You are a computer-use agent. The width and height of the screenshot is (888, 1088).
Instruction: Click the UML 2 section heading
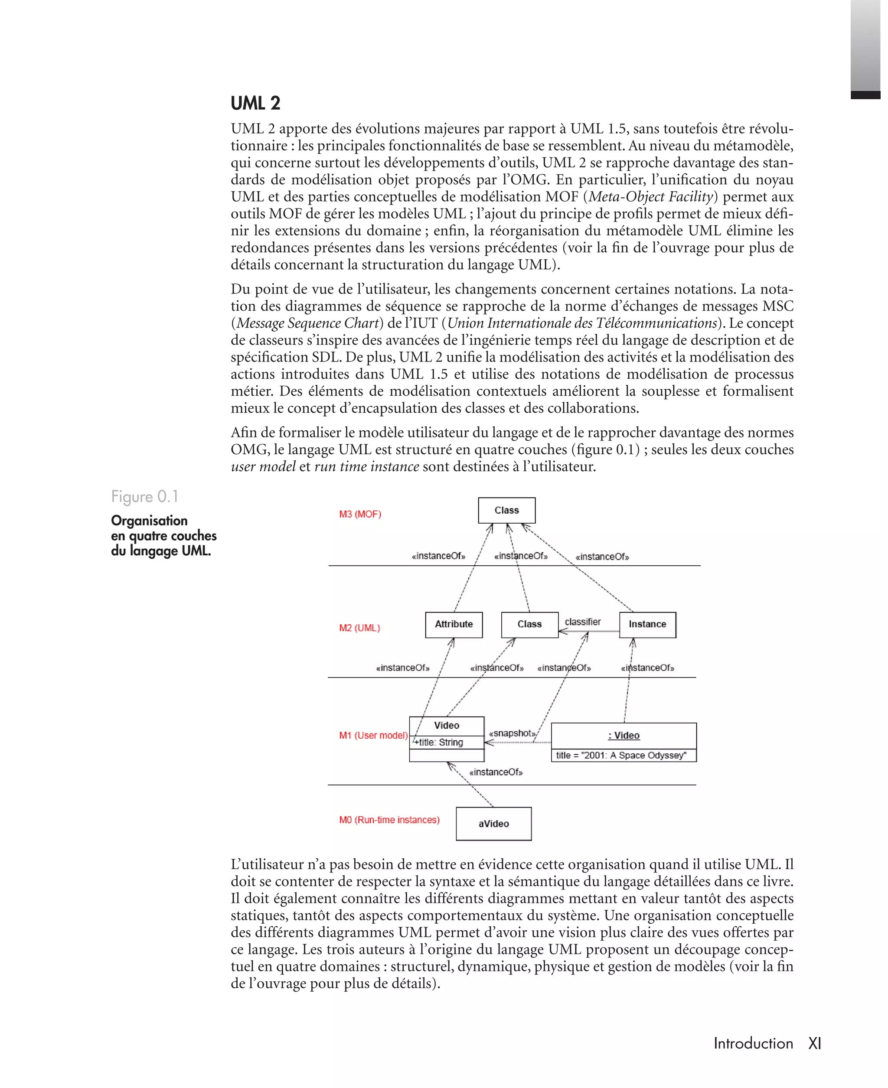pos(255,103)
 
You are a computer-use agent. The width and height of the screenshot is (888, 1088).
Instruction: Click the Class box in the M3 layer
pos(506,510)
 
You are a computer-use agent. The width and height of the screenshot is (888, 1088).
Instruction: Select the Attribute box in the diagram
pos(454,624)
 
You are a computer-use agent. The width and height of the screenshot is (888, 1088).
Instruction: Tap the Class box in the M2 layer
pos(529,624)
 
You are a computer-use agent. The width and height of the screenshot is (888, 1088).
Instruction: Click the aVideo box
pos(493,824)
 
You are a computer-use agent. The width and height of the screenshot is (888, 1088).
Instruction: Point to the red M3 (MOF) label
pos(360,515)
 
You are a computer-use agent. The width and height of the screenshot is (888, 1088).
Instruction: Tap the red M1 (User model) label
pos(373,735)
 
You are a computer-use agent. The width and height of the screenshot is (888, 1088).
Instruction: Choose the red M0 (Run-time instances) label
pos(389,820)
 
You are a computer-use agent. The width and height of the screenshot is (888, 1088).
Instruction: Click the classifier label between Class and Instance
pos(583,622)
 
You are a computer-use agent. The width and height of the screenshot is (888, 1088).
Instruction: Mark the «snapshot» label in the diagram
pos(512,733)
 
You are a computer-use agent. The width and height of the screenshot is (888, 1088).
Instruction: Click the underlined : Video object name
pos(624,735)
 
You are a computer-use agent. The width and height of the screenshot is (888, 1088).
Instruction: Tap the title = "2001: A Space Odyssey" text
pos(621,755)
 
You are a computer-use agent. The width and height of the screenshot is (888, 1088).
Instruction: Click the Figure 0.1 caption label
pos(145,496)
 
